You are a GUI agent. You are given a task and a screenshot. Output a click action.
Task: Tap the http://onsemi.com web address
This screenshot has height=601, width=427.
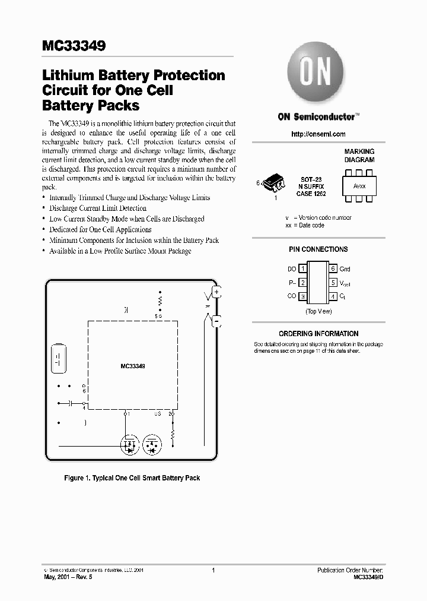pyautogui.click(x=318, y=134)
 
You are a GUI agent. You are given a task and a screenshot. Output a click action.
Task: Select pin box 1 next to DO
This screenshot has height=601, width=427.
pyautogui.click(x=302, y=269)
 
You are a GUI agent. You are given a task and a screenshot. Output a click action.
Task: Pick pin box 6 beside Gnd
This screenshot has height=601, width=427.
pyautogui.click(x=333, y=269)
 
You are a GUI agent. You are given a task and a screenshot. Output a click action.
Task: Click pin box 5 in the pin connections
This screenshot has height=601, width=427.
pyautogui.click(x=333, y=283)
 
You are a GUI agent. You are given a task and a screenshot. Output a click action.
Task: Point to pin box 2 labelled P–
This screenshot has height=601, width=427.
pyautogui.click(x=302, y=283)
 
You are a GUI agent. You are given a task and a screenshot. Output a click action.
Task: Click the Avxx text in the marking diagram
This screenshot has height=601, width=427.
pyautogui.click(x=359, y=186)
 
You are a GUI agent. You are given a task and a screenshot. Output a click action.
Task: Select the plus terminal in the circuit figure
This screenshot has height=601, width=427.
pyautogui.click(x=216, y=292)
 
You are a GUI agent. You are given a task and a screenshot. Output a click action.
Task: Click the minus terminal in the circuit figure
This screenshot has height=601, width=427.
pyautogui.click(x=216, y=322)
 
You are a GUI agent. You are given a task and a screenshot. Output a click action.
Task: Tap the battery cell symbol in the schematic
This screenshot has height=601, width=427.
pyautogui.click(x=58, y=358)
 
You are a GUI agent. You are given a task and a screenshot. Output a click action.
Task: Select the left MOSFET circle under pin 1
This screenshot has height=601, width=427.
pyautogui.click(x=129, y=444)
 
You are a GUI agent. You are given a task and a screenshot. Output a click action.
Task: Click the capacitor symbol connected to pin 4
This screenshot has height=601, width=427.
pyautogui.click(x=71, y=403)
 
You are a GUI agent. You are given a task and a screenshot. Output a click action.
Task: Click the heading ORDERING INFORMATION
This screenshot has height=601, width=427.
pyautogui.click(x=318, y=334)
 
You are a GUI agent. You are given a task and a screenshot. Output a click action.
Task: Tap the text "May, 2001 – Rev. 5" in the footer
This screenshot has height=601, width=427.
pyautogui.click(x=69, y=577)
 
